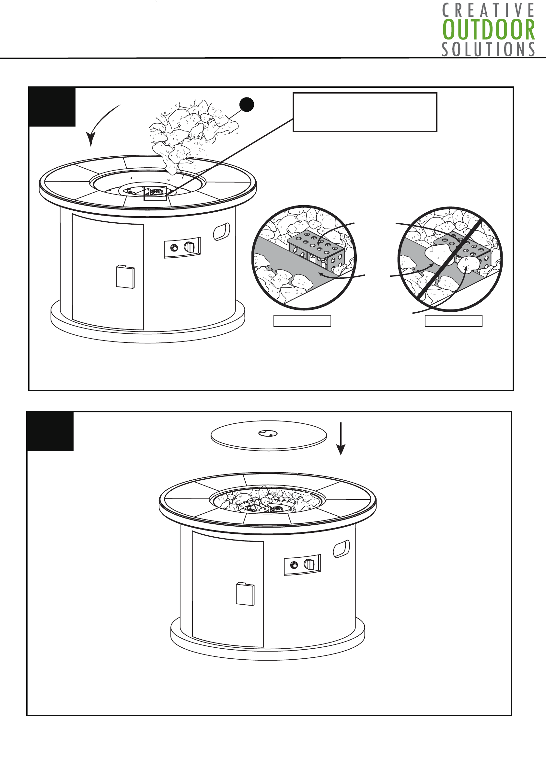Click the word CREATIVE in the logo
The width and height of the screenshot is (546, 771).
point(488,10)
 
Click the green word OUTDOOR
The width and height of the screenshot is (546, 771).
point(489,30)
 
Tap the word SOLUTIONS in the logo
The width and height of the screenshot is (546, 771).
point(488,50)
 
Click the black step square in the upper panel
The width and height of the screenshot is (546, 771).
point(52,107)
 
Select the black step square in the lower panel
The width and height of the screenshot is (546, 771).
point(50,431)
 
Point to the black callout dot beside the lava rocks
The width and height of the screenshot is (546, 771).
point(247,105)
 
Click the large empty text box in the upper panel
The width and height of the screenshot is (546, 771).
point(365,112)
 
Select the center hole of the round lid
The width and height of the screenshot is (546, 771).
point(268,433)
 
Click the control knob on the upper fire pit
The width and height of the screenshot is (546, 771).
point(189,247)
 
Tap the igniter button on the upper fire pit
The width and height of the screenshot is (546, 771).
point(174,248)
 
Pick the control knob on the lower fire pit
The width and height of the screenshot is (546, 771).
point(309,564)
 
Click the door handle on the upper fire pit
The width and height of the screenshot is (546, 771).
point(125,277)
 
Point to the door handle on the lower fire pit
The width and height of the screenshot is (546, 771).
point(245,594)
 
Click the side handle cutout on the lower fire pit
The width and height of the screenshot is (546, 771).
point(341,549)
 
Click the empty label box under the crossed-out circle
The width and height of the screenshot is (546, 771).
point(454,321)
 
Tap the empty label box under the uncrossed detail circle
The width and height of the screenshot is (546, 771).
point(302,321)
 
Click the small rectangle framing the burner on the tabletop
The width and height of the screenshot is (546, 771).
point(155,193)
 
